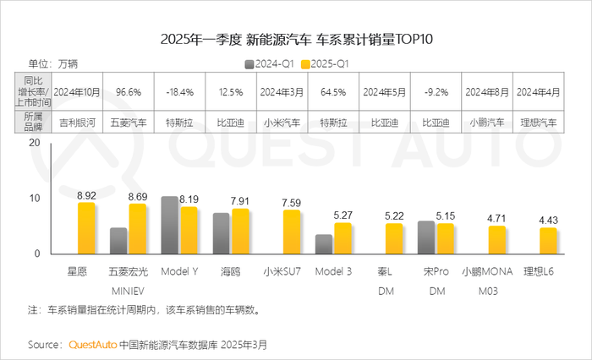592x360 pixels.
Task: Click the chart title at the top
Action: click(296, 39)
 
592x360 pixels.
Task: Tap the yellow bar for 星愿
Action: click(86, 228)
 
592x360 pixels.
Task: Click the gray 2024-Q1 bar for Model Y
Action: click(169, 225)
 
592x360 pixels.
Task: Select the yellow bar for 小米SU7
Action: click(293, 232)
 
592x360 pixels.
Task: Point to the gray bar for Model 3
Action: click(324, 244)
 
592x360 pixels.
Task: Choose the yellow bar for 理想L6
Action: click(548, 241)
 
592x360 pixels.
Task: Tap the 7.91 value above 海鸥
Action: click(242, 200)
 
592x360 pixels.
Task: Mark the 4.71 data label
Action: click(496, 218)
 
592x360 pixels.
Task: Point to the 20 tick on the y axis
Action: click(34, 143)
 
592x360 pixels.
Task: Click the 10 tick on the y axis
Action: click(34, 199)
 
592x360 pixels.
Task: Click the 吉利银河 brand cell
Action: click(77, 122)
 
